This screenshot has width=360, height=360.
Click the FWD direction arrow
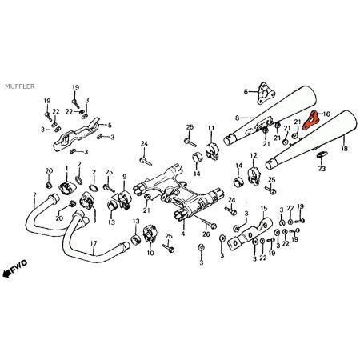(15, 273)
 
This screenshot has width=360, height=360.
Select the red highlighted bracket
(310, 121)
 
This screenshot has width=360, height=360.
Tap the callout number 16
(326, 114)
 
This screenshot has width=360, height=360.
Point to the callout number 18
(344, 150)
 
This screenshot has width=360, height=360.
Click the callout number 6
(246, 92)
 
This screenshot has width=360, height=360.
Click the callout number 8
(237, 118)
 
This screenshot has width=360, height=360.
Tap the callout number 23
(322, 169)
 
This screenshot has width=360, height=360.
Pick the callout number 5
(110, 126)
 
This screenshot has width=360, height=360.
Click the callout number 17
(94, 244)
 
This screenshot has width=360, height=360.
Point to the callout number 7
(34, 195)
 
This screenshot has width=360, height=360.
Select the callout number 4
(183, 234)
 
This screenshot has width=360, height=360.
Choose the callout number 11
(211, 128)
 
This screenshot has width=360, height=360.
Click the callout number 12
(254, 155)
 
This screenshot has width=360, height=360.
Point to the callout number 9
(124, 176)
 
